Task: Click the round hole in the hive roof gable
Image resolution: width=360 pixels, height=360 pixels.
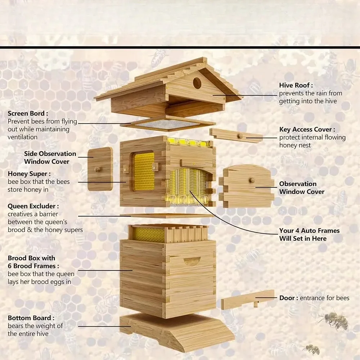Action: tap(197, 83)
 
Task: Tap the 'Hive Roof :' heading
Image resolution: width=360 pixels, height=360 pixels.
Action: tap(296, 85)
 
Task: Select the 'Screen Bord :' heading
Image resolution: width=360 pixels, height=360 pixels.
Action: tap(28, 113)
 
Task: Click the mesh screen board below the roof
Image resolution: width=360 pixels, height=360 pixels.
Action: tap(168, 123)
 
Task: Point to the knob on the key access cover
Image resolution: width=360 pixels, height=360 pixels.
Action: tap(240, 136)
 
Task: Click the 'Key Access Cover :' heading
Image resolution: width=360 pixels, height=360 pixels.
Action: tap(307, 130)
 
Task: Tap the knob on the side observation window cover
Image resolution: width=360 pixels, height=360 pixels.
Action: tap(97, 170)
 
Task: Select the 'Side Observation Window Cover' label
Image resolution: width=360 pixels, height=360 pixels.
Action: tap(50, 158)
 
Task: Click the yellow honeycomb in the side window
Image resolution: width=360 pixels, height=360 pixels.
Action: tap(144, 171)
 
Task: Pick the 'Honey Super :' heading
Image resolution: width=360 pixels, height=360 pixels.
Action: tap(29, 174)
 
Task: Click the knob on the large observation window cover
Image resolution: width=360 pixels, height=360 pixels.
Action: tap(252, 180)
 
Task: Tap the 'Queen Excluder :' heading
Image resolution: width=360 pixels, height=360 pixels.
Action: tap(33, 206)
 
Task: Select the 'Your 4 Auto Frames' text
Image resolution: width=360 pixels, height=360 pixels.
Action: tap(309, 230)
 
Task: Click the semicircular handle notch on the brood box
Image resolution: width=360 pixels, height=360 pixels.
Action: tap(192, 261)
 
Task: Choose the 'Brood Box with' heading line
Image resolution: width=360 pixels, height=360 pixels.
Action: tap(31, 258)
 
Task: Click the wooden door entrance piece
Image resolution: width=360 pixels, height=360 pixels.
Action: tap(248, 300)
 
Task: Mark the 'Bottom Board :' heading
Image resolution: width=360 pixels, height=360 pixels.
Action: tap(31, 318)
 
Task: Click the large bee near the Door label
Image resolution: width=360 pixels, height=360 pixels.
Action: tap(334, 320)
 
